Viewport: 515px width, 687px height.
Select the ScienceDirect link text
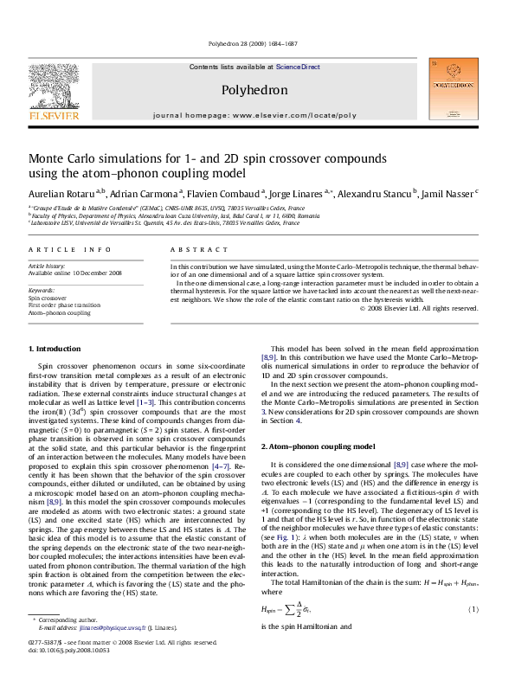(x=299, y=67)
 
